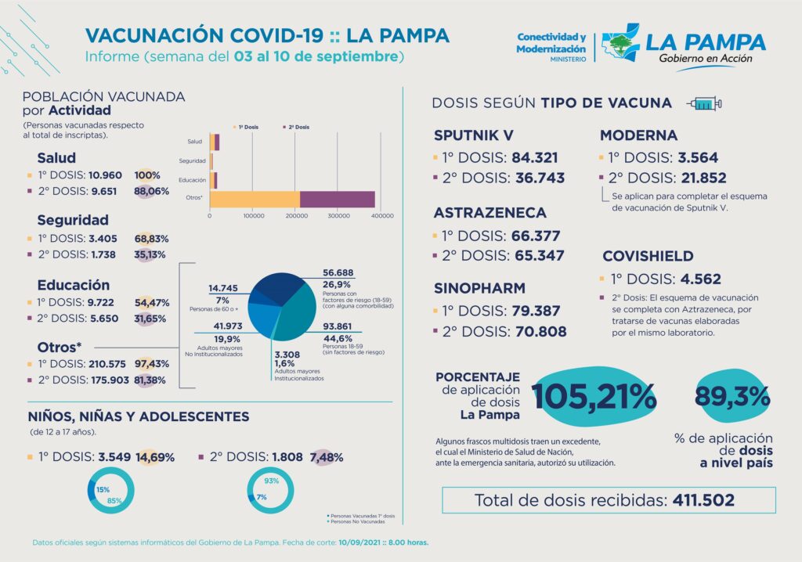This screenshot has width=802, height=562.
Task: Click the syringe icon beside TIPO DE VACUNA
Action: (703, 103)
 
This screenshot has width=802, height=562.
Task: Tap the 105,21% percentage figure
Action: (594, 397)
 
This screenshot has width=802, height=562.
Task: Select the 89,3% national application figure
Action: (732, 396)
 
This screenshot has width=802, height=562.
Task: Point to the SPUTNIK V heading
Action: (474, 135)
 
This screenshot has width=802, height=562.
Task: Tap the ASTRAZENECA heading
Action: (490, 213)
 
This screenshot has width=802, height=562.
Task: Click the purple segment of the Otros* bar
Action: (337, 200)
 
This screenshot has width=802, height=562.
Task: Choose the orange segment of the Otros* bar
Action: (255, 200)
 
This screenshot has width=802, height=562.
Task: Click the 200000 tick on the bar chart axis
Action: (296, 215)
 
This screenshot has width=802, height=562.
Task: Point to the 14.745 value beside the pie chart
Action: (222, 288)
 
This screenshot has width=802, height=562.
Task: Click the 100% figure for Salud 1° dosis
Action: (147, 175)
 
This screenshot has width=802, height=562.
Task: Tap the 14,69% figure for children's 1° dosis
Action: (154, 457)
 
